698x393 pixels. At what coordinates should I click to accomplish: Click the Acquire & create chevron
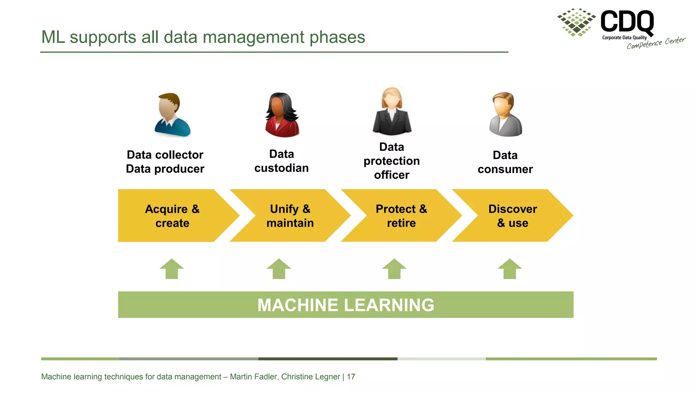point(172,216)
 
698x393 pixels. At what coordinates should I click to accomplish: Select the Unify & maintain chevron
point(290,216)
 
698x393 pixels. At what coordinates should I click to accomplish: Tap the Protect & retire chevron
point(401,216)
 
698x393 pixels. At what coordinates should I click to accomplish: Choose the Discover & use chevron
point(512,216)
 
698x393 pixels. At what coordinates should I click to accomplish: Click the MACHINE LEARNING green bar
point(346,305)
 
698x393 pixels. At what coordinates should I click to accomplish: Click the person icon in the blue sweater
point(172,115)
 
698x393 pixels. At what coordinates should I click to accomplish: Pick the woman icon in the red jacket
point(282,115)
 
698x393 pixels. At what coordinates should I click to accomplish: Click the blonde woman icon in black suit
point(392,112)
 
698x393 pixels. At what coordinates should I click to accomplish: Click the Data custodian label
point(282,161)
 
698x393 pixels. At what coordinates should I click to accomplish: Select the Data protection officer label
point(392,161)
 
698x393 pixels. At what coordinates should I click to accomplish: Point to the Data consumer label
point(505,162)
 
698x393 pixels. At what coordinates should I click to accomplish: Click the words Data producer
point(165,169)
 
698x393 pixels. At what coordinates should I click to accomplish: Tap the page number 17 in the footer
point(351,377)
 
